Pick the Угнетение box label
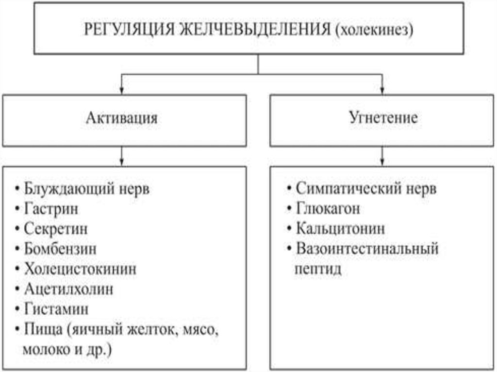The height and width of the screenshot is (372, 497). coord(383,118)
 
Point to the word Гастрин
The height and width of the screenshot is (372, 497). coord(50,209)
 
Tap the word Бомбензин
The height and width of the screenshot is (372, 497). coord(60,249)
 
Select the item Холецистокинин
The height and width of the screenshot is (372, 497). coord(80,269)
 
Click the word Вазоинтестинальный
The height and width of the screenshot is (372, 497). coord(366,249)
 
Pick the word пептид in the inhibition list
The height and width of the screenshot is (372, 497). coord(317,269)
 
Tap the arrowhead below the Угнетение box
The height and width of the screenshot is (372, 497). coord(383,161)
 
